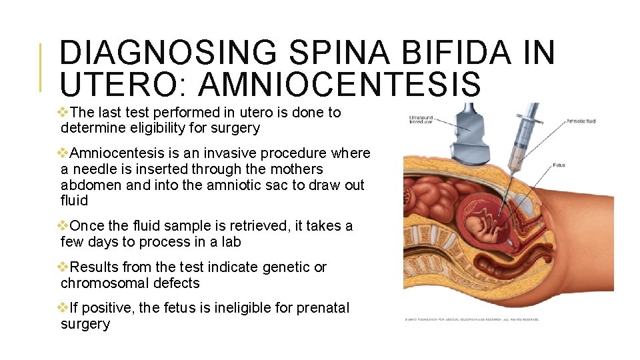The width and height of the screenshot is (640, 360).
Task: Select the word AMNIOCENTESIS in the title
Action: click(x=339, y=85)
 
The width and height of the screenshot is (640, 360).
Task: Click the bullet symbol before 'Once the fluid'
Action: click(x=63, y=226)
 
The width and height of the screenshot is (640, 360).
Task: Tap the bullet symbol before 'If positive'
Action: click(x=63, y=308)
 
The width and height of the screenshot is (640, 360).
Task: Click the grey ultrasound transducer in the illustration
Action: click(x=470, y=137)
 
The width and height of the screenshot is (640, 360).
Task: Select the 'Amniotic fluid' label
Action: click(x=581, y=121)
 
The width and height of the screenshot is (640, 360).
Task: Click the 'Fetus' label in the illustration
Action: click(x=559, y=165)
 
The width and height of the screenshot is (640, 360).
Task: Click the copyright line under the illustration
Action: click(x=472, y=319)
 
